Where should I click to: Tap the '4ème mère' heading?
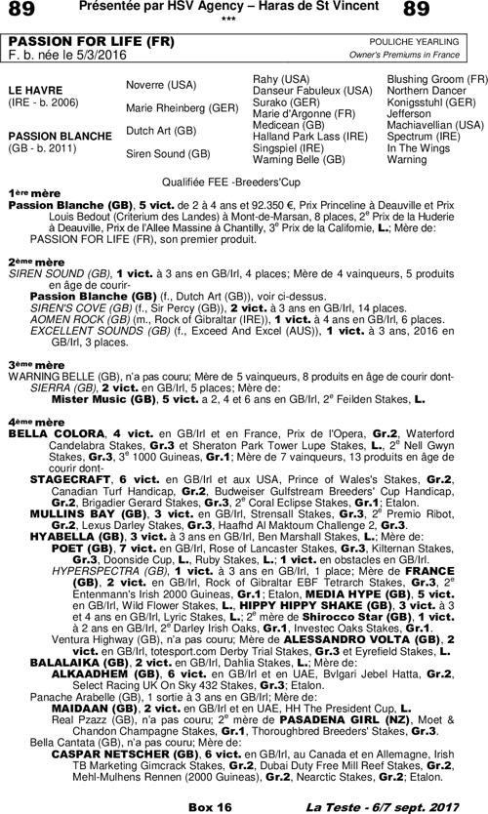[29, 421]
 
